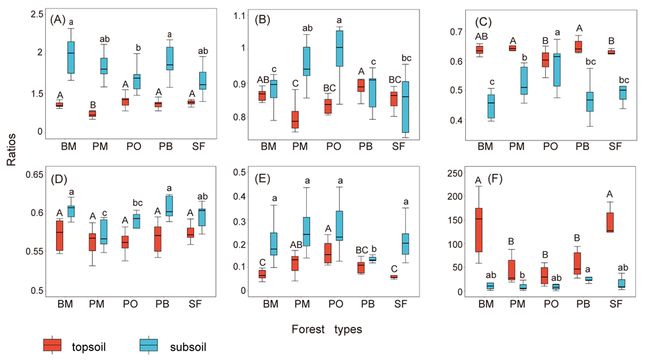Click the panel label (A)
pyautogui.click(x=58, y=19)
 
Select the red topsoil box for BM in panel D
pyautogui.click(x=60, y=235)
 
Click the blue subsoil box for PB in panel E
pyautogui.click(x=372, y=258)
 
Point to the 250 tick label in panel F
pyautogui.click(x=454, y=174)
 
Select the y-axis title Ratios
pyautogui.click(x=12, y=154)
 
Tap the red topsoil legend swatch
pyautogui.click(x=52, y=345)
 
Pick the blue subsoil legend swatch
pyautogui.click(x=149, y=345)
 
